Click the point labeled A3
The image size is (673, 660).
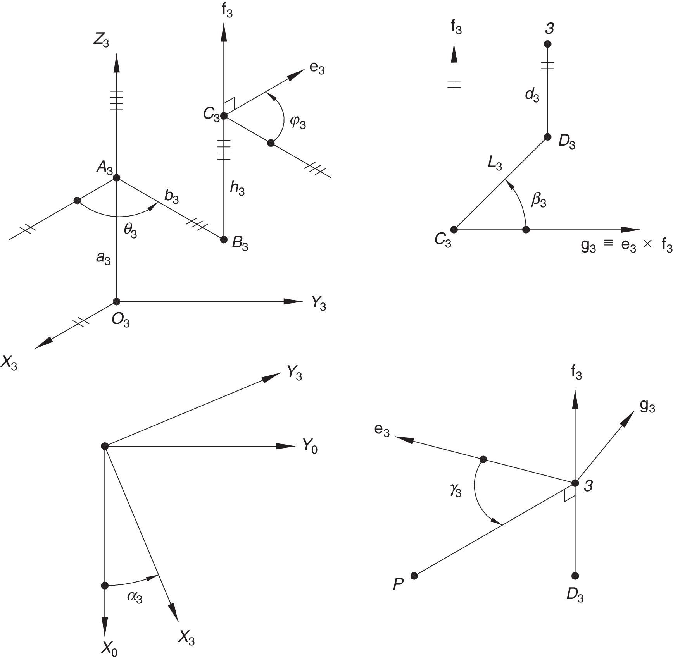click(x=117, y=178)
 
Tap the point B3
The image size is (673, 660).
click(x=224, y=239)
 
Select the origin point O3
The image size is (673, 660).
click(x=117, y=301)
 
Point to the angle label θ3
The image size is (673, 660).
click(x=130, y=231)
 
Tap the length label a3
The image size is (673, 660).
click(x=103, y=258)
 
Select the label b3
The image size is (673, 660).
click(x=171, y=197)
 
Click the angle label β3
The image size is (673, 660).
click(x=538, y=201)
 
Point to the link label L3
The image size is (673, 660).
click(x=495, y=164)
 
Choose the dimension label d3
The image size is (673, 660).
click(x=532, y=95)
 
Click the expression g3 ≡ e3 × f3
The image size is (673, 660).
click(x=626, y=246)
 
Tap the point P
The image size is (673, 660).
click(x=414, y=576)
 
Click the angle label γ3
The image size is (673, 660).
click(x=456, y=491)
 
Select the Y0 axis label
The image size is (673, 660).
click(x=310, y=447)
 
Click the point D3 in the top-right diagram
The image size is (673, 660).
click(x=547, y=137)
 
